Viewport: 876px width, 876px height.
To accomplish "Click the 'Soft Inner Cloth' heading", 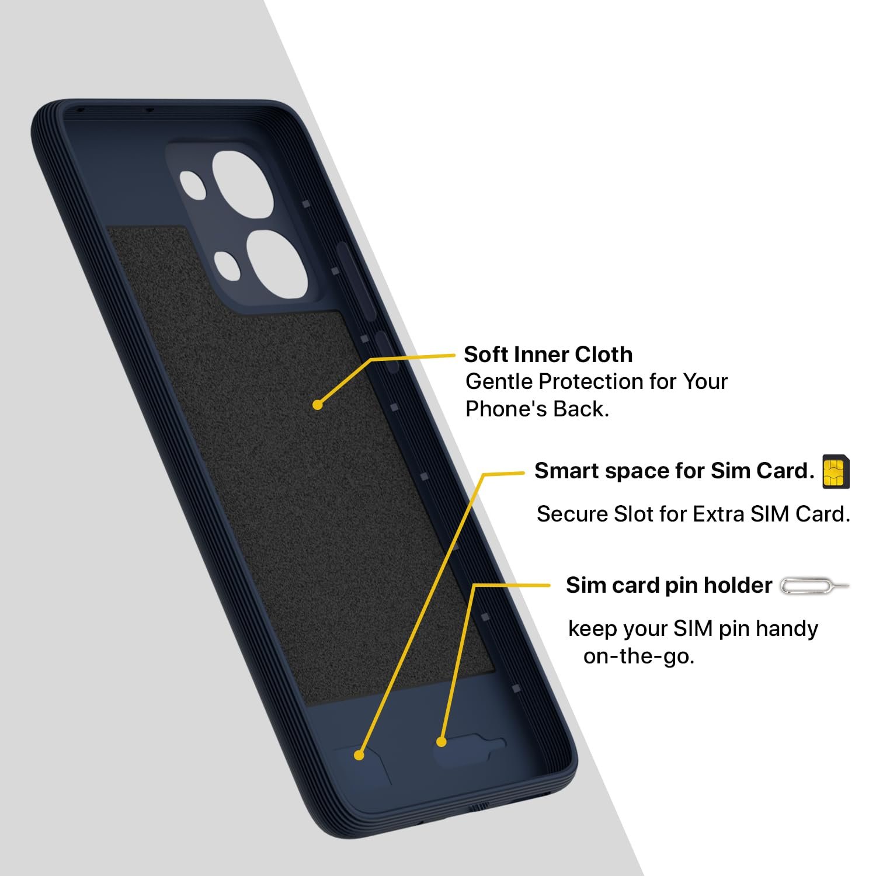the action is tap(548, 354).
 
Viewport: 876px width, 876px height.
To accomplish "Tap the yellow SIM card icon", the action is tap(836, 472).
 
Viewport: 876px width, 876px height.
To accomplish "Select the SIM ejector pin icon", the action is tap(815, 586).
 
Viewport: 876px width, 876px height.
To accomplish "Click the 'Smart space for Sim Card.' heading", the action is tap(674, 471).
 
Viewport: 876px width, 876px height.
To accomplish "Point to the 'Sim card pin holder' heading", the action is tap(669, 585).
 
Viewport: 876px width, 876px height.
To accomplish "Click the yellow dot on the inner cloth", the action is tap(318, 404).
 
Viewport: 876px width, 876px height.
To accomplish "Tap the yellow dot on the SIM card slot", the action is tap(359, 755).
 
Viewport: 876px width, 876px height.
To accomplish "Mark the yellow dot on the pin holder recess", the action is tap(442, 742).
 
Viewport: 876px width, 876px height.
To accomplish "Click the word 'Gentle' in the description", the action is tap(499, 382).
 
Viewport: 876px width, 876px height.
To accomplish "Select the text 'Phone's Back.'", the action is tap(537, 409).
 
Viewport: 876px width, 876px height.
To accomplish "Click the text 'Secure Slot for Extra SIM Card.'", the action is tap(693, 514).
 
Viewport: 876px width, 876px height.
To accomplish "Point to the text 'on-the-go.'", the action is tap(639, 656).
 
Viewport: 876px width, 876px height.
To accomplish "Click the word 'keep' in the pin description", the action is tap(593, 630).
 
